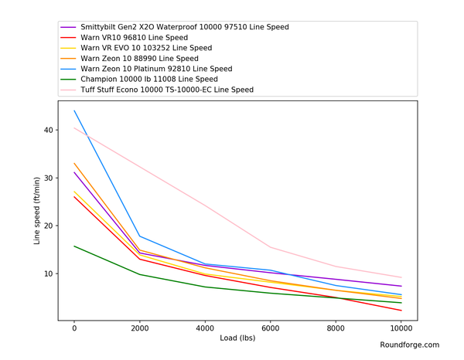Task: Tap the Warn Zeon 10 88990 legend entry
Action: click(x=139, y=58)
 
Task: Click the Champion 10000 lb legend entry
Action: click(x=147, y=80)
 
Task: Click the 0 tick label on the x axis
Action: click(x=74, y=328)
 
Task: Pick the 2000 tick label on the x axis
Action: click(x=140, y=328)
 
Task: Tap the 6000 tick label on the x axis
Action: click(x=271, y=328)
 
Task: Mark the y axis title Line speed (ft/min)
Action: click(x=36, y=211)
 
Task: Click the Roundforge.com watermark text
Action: click(x=410, y=345)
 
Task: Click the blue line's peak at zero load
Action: click(x=74, y=110)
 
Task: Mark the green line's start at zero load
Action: click(x=74, y=246)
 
